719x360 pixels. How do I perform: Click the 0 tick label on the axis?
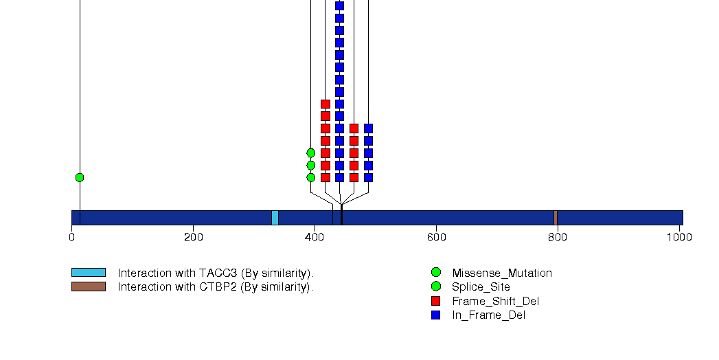71,238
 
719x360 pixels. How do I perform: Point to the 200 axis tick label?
193,238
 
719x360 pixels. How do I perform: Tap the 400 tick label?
315,238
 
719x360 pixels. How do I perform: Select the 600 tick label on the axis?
436,238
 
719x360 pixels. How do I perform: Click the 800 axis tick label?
558,238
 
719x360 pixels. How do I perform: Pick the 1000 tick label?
679,238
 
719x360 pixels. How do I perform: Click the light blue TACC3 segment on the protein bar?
275,218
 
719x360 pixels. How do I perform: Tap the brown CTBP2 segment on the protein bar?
556,218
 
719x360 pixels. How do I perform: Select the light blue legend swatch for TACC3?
89,273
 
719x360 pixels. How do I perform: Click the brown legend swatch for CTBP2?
89,286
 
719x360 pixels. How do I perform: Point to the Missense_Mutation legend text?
501,273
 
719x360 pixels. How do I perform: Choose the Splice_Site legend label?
481,287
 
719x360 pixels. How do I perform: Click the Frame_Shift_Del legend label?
495,302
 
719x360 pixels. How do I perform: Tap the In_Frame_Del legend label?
488,315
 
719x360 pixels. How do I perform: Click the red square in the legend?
436,301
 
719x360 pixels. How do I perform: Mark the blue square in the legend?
436,315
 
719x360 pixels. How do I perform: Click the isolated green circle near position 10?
80,177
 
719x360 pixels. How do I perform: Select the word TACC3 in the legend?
218,273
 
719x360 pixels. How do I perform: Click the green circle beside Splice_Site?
436,286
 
